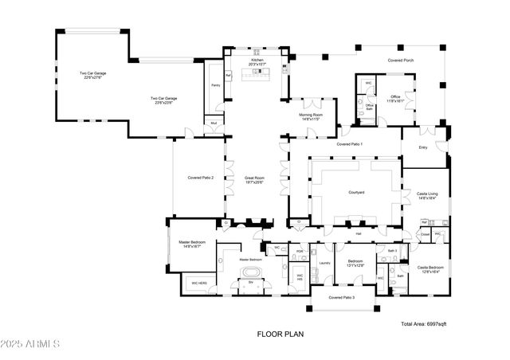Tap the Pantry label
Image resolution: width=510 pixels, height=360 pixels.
(215, 84)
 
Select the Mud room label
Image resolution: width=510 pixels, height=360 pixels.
(213, 123)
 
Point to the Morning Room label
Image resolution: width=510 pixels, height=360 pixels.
(311, 117)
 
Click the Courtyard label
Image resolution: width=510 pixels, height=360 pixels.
(356, 193)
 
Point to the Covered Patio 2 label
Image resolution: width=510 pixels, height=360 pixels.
(200, 178)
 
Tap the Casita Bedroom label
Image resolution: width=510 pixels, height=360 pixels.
(431, 269)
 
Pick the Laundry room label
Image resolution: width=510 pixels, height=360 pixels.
(324, 262)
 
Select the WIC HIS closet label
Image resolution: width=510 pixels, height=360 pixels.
(300, 277)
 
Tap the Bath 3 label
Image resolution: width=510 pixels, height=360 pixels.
(392, 251)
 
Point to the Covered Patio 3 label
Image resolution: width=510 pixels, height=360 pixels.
(342, 297)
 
